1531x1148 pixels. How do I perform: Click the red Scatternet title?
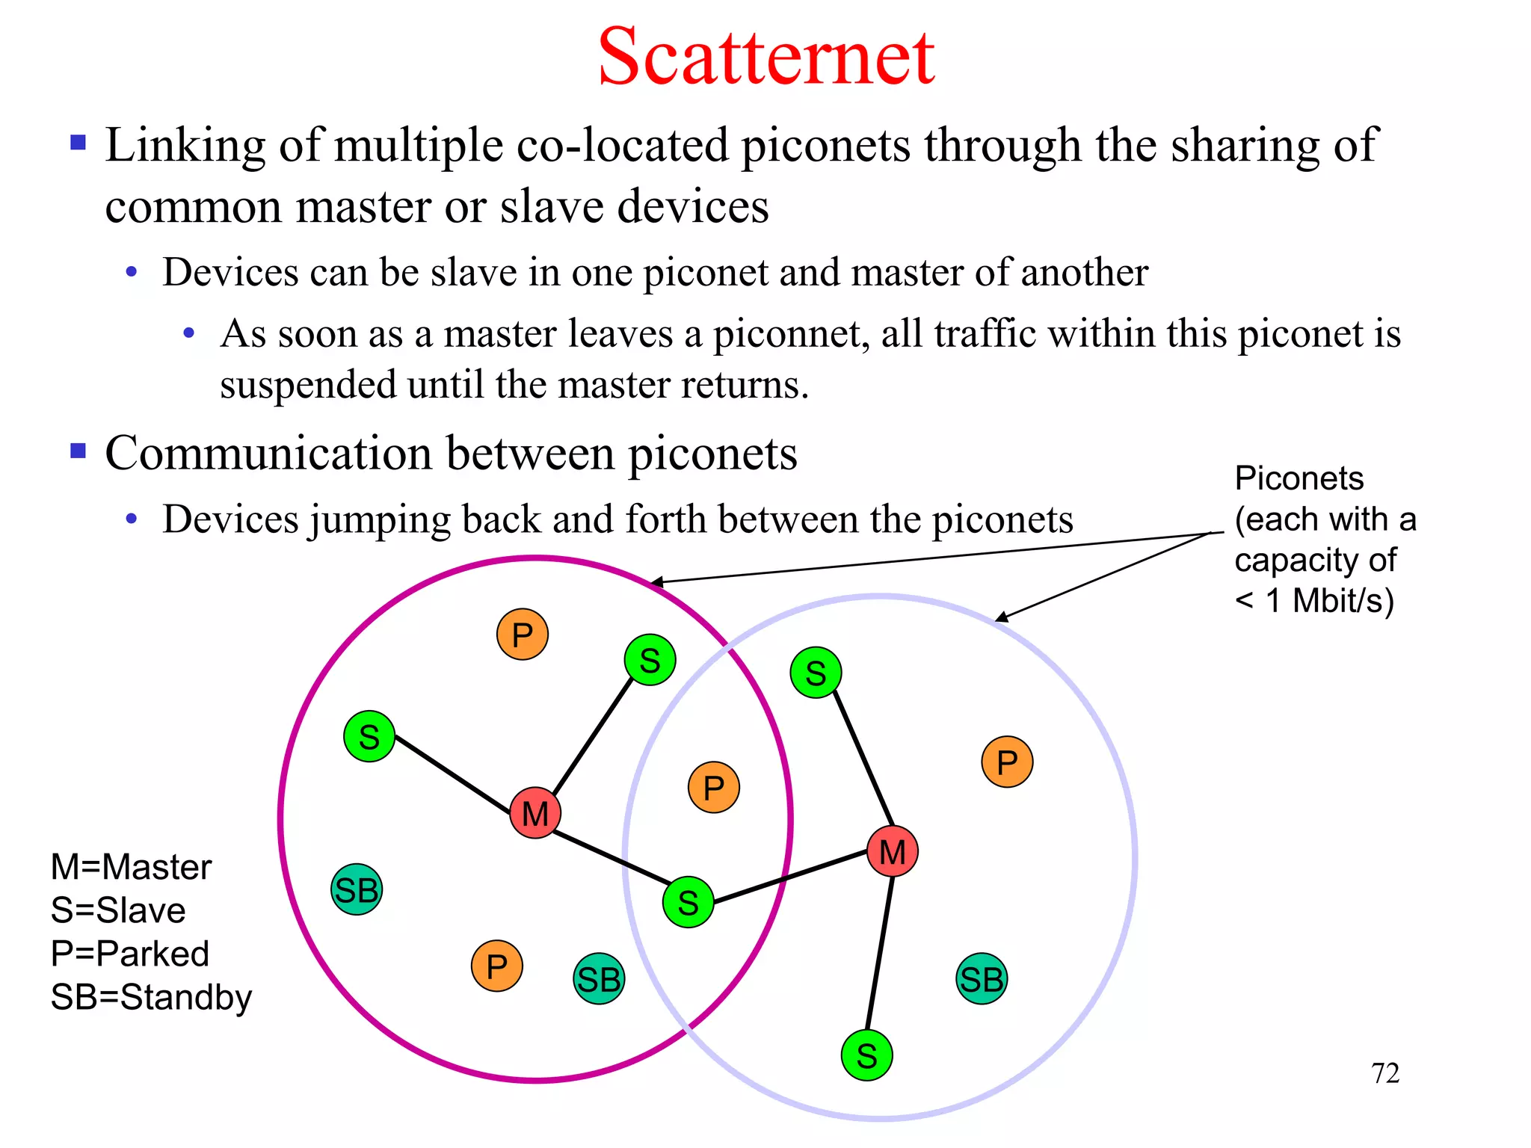pyautogui.click(x=765, y=57)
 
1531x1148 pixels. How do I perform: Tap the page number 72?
pyautogui.click(x=1384, y=1073)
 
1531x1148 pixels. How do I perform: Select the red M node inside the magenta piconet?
pyautogui.click(x=535, y=813)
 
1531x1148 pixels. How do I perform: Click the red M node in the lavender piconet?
pyautogui.click(x=893, y=851)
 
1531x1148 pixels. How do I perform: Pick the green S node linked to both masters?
pyautogui.click(x=688, y=902)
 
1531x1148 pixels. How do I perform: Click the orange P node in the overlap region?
pyautogui.click(x=714, y=787)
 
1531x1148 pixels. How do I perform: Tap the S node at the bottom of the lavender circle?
pyautogui.click(x=866, y=1055)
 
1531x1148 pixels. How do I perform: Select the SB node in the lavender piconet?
pyautogui.click(x=982, y=978)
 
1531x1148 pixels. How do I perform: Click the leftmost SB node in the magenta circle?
pyautogui.click(x=357, y=889)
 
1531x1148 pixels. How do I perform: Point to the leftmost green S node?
pyautogui.click(x=369, y=736)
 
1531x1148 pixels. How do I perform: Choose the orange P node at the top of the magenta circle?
pyautogui.click(x=523, y=635)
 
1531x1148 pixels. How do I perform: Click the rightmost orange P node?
pyautogui.click(x=1007, y=762)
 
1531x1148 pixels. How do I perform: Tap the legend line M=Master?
pyautogui.click(x=131, y=867)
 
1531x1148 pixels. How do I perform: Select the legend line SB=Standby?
pyautogui.click(x=151, y=997)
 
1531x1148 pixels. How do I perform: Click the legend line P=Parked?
pyautogui.click(x=129, y=954)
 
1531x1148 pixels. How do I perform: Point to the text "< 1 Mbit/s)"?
pyautogui.click(x=1314, y=600)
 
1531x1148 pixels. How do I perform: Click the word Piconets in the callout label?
pyautogui.click(x=1299, y=478)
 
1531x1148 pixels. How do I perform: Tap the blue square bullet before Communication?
pyautogui.click(x=78, y=451)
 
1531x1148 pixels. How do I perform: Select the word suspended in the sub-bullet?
pyautogui.click(x=307, y=386)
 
